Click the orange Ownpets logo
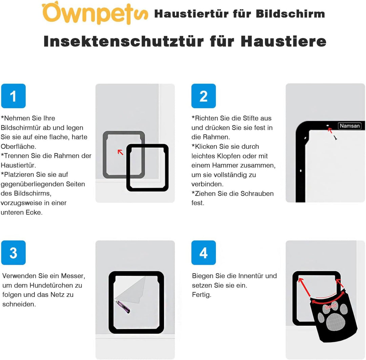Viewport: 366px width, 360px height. [95, 13]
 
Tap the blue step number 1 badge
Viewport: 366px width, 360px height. [13, 96]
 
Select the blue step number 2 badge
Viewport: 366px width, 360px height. [204, 96]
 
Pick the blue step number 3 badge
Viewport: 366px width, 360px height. [13, 253]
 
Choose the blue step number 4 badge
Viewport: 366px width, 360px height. [204, 253]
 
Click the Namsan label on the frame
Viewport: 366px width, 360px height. [349, 126]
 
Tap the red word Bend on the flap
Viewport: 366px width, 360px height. [331, 306]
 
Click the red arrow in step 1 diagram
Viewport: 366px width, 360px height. [120, 152]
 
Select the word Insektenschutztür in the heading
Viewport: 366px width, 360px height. [124, 41]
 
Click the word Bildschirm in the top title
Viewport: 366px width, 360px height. [290, 14]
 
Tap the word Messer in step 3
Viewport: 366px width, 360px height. [73, 276]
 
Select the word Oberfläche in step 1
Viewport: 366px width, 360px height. [18, 147]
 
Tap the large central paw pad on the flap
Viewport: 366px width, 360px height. [335, 321]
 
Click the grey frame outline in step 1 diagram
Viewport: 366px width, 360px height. [105, 154]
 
